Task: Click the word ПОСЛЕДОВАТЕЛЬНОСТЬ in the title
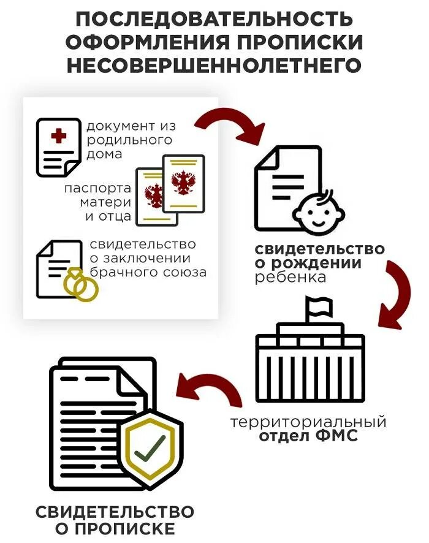pos(214,19)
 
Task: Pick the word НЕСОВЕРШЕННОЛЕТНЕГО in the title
pos(214,64)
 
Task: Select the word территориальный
pos(308,422)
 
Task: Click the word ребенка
pos(283,277)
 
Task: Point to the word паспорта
pos(97,188)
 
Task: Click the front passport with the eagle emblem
pos(183,184)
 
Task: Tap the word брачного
pos(117,271)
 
